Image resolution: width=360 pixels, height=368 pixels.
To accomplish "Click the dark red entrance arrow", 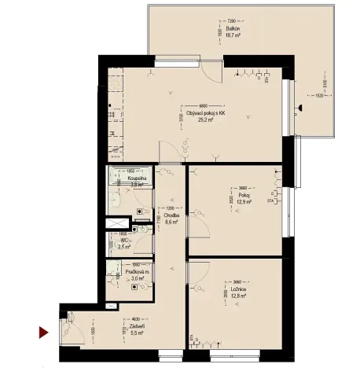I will click(x=45, y=333).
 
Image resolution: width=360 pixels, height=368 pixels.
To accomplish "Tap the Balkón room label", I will click(x=231, y=29).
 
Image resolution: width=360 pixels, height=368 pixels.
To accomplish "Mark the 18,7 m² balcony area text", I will click(x=231, y=35).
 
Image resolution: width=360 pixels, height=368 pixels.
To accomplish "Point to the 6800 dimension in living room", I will click(x=202, y=106).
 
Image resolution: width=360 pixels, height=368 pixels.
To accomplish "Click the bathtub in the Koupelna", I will click(x=130, y=185).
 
